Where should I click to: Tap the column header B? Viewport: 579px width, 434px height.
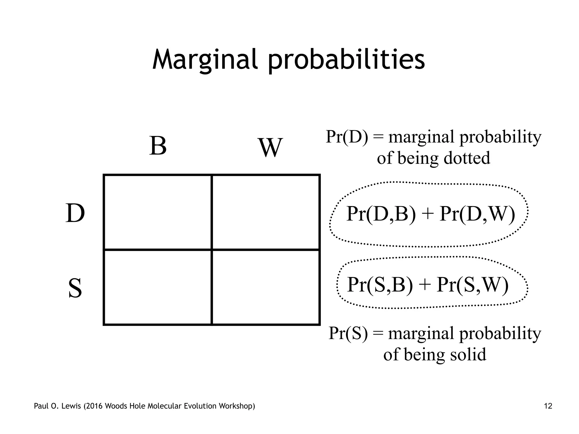tap(158, 146)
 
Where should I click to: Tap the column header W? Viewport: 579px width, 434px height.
tap(271, 148)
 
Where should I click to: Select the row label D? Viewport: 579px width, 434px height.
tap(75, 214)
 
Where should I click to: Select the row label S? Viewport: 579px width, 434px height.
tap(75, 288)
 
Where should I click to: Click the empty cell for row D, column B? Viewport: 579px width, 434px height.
tap(158, 212)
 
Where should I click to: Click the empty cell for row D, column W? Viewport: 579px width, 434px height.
tap(266, 212)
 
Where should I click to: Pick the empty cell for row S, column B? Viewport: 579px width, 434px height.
tap(158, 287)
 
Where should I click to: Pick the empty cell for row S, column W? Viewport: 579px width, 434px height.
tap(266, 287)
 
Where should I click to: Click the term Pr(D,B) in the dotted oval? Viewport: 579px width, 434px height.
tap(381, 214)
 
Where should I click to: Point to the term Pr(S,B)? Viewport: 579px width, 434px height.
tap(380, 285)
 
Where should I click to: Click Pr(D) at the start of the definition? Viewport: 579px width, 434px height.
tap(347, 137)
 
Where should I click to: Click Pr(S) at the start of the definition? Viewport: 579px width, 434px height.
tap(348, 333)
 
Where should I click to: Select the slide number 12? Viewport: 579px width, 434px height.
tap(548, 406)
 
